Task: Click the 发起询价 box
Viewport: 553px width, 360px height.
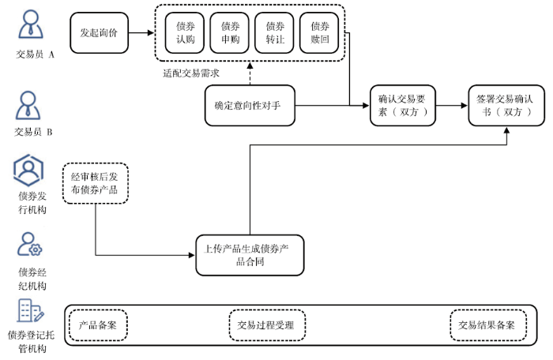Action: coord(99,33)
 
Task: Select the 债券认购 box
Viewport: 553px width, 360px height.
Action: coord(185,33)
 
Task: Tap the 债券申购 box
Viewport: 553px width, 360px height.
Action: coord(230,33)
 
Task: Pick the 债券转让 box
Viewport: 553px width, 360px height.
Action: coord(274,33)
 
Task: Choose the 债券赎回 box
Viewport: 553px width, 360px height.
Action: coord(319,33)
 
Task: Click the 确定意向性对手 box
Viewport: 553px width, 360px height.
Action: coord(250,106)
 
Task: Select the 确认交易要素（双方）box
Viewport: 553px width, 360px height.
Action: coord(403,106)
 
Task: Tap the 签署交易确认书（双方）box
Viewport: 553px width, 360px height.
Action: coord(506,106)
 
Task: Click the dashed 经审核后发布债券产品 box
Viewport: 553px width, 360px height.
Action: coord(96,183)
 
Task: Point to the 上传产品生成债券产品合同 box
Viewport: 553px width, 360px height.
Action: coord(250,255)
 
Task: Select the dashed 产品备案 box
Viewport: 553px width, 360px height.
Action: coord(98,325)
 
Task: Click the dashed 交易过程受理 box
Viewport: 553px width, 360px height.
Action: coord(267,325)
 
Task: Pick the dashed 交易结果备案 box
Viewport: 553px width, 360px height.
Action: coord(488,325)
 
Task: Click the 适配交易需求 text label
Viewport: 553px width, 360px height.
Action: coord(191,73)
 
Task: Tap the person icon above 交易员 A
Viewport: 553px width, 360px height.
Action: coord(31,24)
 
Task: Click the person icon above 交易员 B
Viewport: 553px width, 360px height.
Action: coord(28,105)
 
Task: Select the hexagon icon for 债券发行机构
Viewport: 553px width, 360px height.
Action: coord(28,171)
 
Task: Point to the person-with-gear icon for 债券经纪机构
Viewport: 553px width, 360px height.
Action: coord(30,244)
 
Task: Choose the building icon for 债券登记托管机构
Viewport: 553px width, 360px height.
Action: coord(31,310)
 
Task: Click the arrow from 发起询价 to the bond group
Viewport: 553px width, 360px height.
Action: coord(141,33)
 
